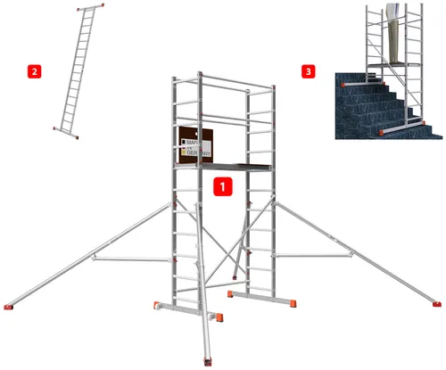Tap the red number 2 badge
(35, 70)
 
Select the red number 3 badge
(309, 70)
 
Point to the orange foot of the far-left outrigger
(8, 308)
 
